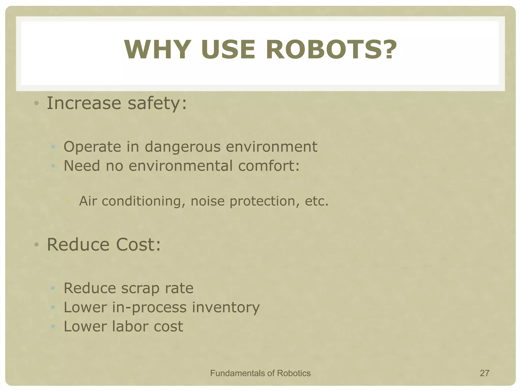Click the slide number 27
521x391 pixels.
coord(484,373)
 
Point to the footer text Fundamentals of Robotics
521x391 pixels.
coord(260,373)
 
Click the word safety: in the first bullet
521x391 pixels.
coord(157,103)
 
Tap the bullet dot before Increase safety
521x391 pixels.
coord(37,103)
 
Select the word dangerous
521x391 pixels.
coord(183,147)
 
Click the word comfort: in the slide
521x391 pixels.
coord(269,166)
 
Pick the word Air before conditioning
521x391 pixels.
coord(88,201)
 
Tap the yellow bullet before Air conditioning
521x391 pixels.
coord(68,201)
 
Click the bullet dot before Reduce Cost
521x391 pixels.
coord(37,245)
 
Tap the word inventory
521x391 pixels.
coord(226,307)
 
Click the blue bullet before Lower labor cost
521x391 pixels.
coord(53,326)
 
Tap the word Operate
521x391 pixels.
coord(92,147)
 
